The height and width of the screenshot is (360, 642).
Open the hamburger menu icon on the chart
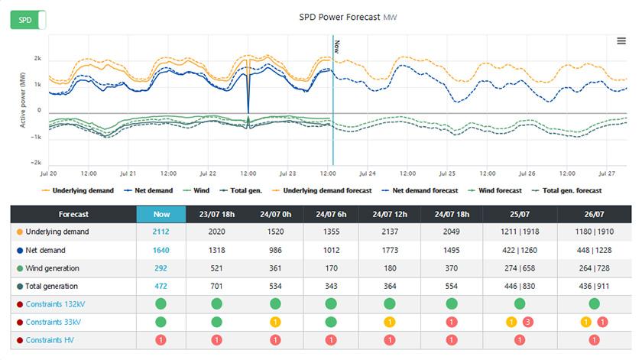point(621,41)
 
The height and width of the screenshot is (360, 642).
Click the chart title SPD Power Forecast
point(339,17)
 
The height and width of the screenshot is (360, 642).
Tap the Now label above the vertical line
point(336,47)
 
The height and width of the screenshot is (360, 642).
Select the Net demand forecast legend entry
point(420,190)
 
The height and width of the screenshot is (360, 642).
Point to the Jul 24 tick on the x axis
point(368,174)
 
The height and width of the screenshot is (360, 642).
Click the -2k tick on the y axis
point(36,163)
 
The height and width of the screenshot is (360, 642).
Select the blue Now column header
point(160,215)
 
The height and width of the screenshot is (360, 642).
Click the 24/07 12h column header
point(390,215)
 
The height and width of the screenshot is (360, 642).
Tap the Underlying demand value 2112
point(160,232)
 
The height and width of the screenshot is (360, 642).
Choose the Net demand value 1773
point(390,250)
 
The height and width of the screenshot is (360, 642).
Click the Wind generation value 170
point(331,268)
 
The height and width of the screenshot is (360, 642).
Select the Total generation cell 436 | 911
point(594,287)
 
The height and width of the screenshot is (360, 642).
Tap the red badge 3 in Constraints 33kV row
point(527,322)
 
